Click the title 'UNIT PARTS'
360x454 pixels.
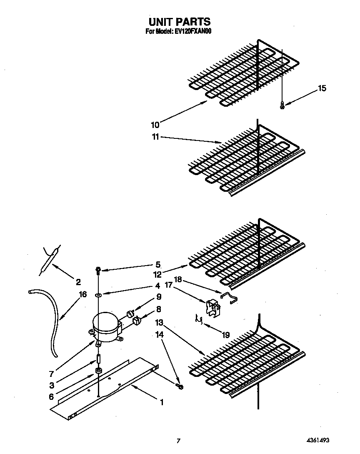click(179, 21)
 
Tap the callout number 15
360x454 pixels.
click(322, 88)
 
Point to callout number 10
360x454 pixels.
click(155, 124)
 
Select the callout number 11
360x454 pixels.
click(155, 137)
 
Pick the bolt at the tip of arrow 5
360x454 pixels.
click(98, 270)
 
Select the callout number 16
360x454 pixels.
click(83, 294)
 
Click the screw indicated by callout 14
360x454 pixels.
click(180, 387)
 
